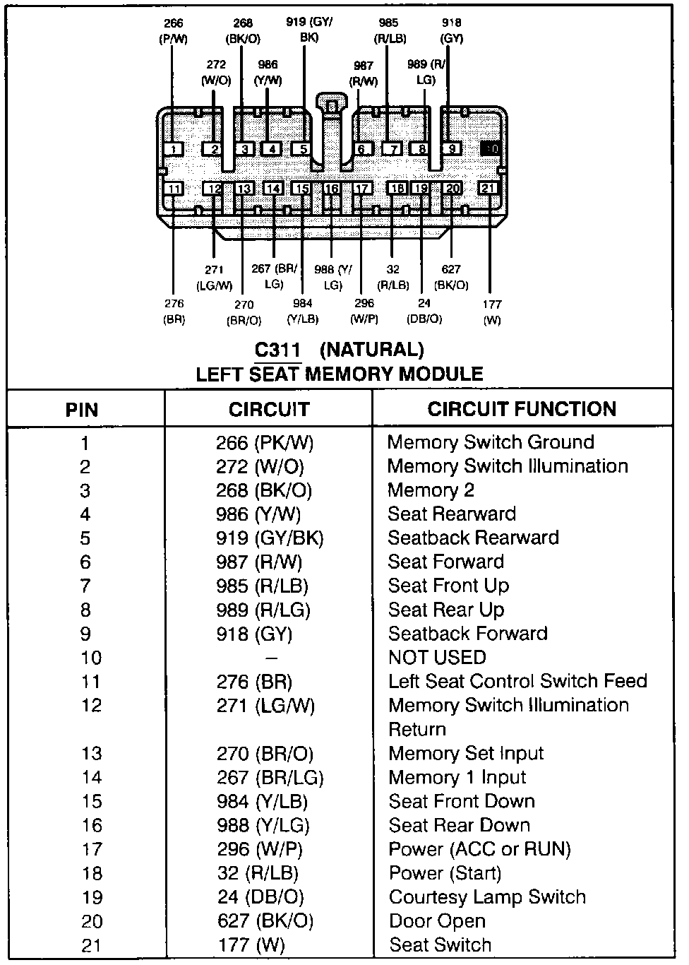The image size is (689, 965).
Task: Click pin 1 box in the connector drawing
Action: (x=173, y=149)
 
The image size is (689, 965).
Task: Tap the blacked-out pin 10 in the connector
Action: (x=491, y=149)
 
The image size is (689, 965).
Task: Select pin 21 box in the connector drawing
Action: (x=488, y=188)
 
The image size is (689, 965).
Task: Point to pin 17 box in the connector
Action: (x=362, y=189)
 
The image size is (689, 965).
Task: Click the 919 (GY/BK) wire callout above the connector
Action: (x=309, y=30)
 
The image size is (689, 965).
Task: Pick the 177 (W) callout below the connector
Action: (x=492, y=312)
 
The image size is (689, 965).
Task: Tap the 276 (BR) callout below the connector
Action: (x=174, y=311)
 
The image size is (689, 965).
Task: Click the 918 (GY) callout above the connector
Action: (x=452, y=30)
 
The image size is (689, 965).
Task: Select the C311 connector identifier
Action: (x=277, y=350)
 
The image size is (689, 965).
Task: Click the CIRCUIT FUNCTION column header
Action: (x=522, y=409)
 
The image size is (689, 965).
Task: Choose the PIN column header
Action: (x=82, y=410)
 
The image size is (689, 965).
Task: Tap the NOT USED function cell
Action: (x=437, y=658)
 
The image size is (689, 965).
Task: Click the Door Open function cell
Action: (x=437, y=921)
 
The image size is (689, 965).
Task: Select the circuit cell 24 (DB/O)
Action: (x=260, y=897)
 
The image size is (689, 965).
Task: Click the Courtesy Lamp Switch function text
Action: (x=487, y=897)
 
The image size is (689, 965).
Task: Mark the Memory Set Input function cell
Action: (x=466, y=753)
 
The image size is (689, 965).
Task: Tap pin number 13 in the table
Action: (x=92, y=753)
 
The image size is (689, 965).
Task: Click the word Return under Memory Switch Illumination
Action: (x=417, y=729)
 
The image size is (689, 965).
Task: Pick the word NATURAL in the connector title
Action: (x=372, y=350)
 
